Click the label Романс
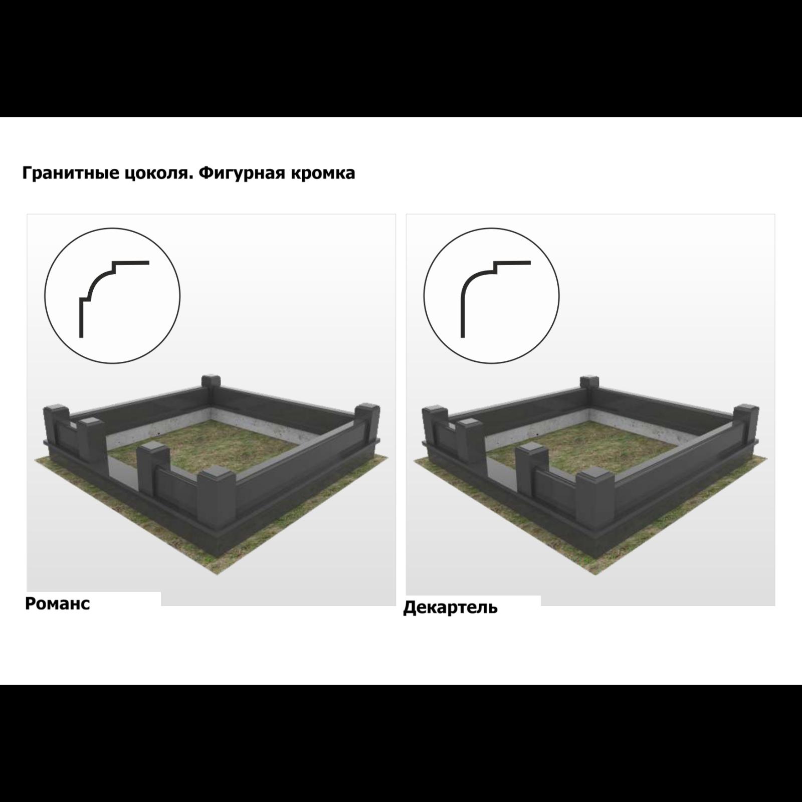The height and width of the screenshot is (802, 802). (58, 604)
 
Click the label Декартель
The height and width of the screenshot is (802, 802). (450, 608)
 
